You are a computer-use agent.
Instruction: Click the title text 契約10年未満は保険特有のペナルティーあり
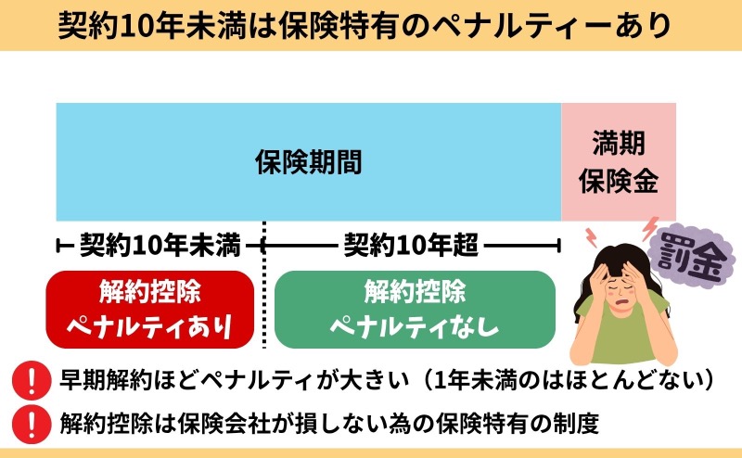point(364,25)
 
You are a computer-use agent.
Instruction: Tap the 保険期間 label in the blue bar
point(309,162)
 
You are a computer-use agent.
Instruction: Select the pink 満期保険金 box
point(619,162)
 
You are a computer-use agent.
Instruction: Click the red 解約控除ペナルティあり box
point(150,310)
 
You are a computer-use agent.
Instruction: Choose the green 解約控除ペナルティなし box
point(415,310)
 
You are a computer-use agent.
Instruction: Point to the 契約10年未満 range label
point(160,245)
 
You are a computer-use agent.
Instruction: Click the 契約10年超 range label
point(411,245)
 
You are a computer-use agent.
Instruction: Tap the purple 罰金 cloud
point(692,255)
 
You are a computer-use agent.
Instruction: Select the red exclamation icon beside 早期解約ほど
point(32,380)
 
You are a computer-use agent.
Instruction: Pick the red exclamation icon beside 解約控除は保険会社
point(32,424)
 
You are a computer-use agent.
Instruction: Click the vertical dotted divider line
point(263,285)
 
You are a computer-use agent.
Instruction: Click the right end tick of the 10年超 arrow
point(559,246)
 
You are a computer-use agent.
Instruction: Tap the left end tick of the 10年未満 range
point(58,246)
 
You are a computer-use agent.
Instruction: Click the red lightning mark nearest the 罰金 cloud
point(650,227)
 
